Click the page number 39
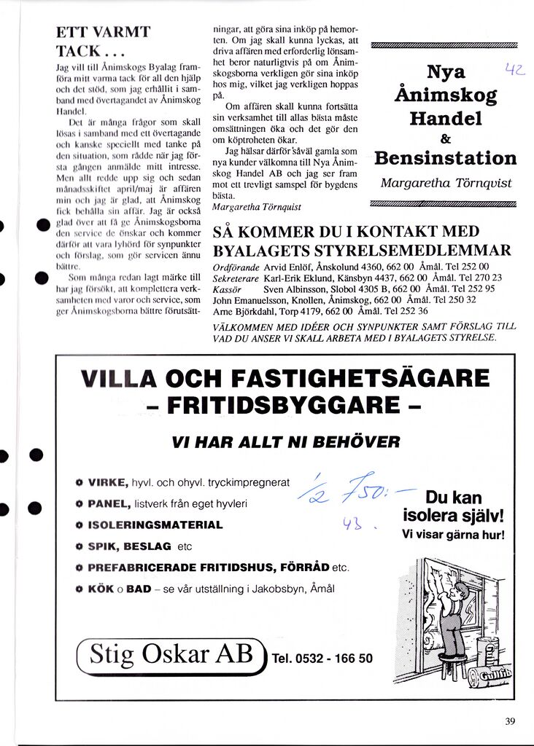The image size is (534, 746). click(x=509, y=721)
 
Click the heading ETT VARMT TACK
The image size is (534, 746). click(x=103, y=42)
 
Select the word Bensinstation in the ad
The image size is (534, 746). click(x=445, y=158)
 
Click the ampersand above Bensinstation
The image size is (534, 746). click(x=445, y=138)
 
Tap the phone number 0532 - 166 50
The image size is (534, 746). click(x=322, y=659)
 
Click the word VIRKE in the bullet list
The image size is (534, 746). click(x=108, y=483)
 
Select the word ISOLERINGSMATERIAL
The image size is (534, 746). click(x=155, y=525)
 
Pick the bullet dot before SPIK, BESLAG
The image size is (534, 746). click(x=79, y=546)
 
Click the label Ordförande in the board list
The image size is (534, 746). click(x=235, y=267)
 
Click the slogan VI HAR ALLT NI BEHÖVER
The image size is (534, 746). click(x=285, y=442)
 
